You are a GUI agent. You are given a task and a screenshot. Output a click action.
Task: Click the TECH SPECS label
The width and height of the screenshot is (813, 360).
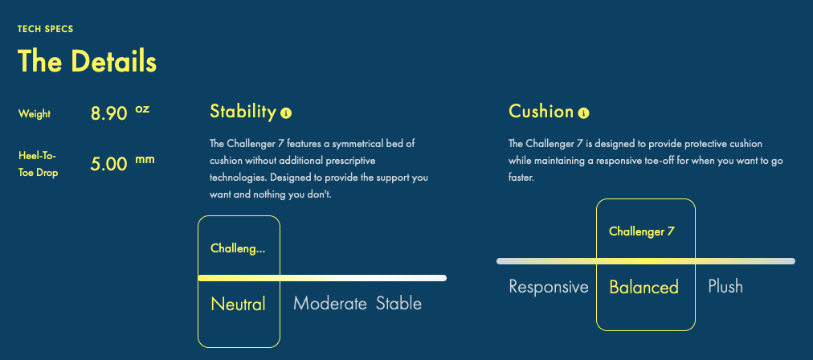tap(46, 29)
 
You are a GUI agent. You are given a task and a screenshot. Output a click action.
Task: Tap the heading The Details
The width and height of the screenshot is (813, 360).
tap(87, 61)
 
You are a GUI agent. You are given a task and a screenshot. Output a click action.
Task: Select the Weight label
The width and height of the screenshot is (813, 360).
tap(35, 113)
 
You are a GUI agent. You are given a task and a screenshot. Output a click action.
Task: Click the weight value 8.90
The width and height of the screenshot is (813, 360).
tap(109, 113)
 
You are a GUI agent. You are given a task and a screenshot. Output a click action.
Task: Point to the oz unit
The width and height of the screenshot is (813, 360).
tap(142, 109)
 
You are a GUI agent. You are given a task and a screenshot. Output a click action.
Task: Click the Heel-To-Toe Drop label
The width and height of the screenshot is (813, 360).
tap(38, 164)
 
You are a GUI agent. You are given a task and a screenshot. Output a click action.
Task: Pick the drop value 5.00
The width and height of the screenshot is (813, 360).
tap(109, 164)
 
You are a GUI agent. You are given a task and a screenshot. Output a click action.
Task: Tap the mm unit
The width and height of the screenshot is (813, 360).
tap(145, 159)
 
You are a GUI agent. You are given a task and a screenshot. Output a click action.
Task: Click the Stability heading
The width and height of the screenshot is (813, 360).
tap(243, 112)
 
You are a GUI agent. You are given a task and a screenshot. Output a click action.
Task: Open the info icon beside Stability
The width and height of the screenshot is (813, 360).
tap(286, 113)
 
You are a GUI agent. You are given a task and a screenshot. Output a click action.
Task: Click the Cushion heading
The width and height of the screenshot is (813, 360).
tap(541, 112)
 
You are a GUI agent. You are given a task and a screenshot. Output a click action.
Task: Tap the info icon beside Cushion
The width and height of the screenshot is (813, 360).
tap(583, 112)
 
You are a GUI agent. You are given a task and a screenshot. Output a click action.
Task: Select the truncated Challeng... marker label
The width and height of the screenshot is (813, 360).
tap(238, 248)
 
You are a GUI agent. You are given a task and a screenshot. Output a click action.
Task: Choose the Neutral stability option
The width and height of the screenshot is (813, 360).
tap(238, 304)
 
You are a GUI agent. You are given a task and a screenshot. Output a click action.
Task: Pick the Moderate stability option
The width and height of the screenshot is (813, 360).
tap(330, 304)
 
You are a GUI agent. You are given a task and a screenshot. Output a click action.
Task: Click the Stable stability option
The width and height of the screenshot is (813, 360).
tap(398, 304)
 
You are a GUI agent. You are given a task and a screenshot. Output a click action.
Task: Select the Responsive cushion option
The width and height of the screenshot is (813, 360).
tap(549, 287)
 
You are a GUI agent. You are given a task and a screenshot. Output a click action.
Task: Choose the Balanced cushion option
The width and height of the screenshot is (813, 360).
tap(644, 287)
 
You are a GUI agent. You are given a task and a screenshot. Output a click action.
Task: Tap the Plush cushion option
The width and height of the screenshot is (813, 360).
tap(725, 287)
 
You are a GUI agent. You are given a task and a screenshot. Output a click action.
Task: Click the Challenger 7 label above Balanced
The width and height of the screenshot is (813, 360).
tap(642, 231)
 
